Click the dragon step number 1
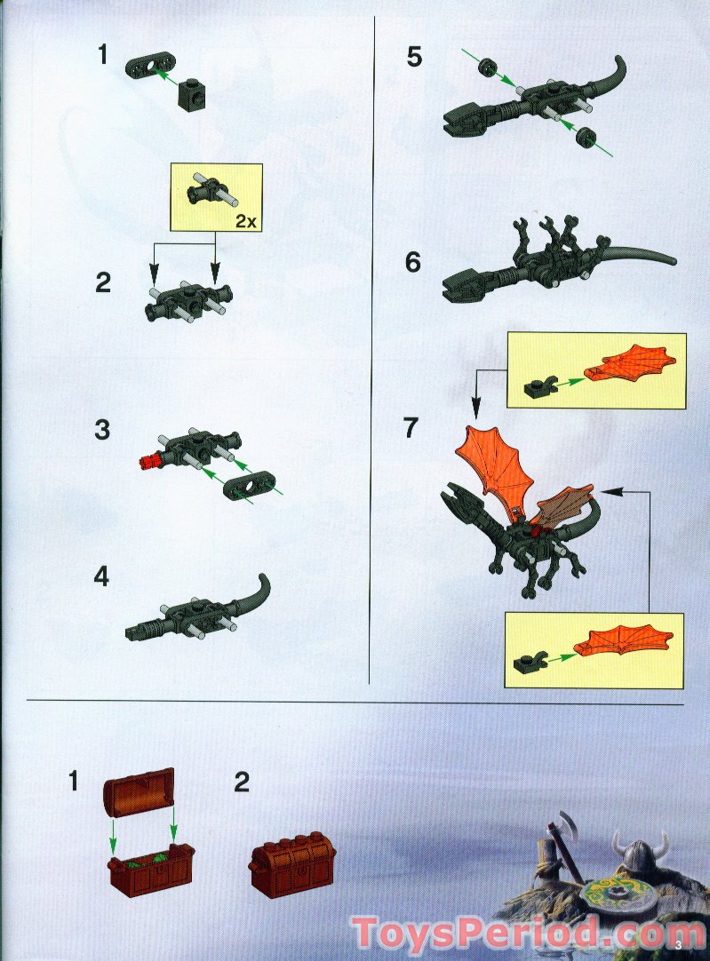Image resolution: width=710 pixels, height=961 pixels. pyautogui.click(x=103, y=56)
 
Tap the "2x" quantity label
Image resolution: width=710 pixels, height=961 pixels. pyautogui.click(x=246, y=222)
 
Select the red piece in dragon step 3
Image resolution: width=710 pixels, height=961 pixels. pyautogui.click(x=150, y=460)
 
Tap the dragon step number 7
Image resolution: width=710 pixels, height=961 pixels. pyautogui.click(x=411, y=427)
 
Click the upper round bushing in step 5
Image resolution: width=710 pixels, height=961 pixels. pyautogui.click(x=486, y=67)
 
